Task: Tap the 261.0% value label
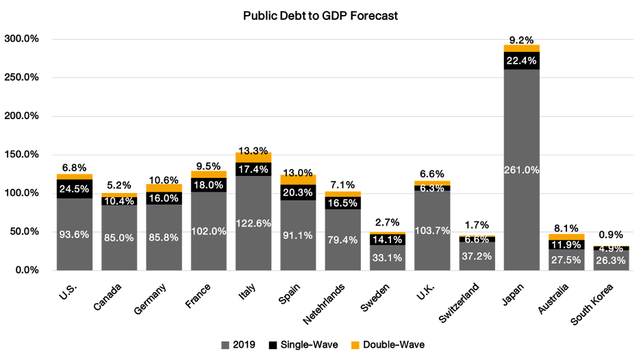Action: [522, 170]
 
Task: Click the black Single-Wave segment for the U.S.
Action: [75, 189]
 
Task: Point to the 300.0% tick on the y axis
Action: [21, 39]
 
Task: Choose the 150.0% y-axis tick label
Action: [21, 155]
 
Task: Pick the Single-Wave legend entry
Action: [305, 344]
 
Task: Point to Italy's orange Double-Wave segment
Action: [253, 157]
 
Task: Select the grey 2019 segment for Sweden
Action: [388, 257]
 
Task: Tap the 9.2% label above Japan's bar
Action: [522, 40]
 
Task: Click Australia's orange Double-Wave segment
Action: [566, 237]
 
